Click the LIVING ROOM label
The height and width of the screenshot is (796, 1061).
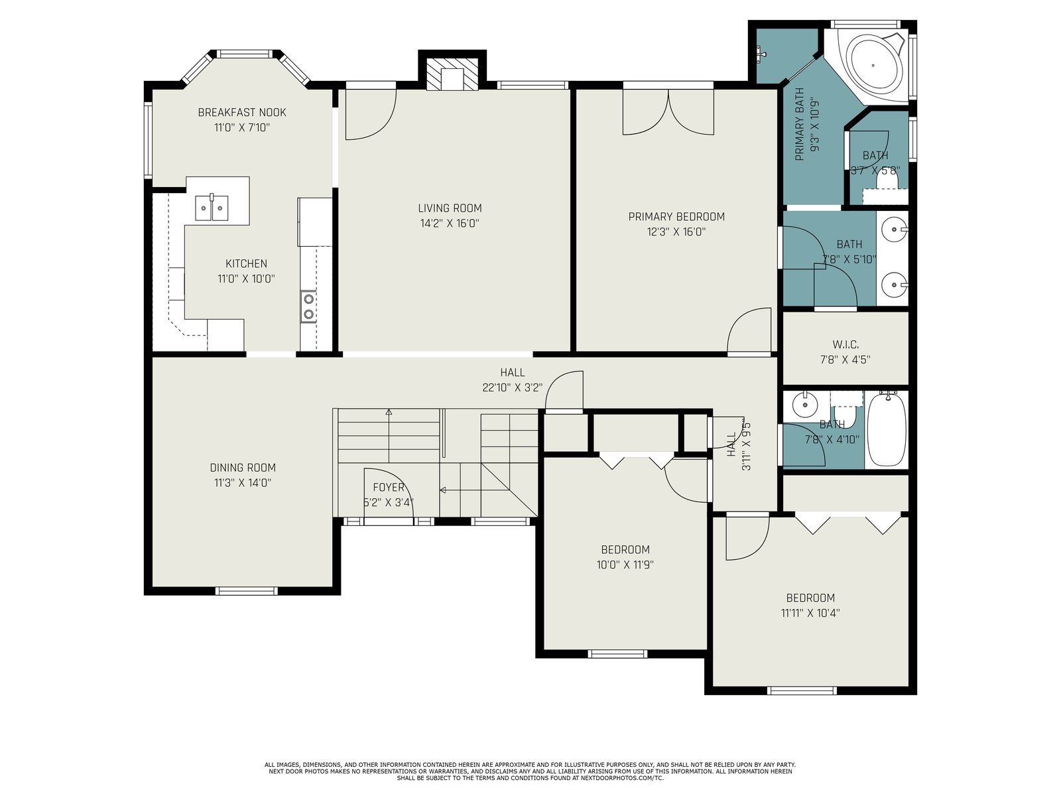click(450, 208)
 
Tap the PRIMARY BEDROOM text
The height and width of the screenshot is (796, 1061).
click(676, 216)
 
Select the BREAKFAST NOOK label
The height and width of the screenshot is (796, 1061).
click(242, 113)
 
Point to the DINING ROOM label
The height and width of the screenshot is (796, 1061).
click(243, 468)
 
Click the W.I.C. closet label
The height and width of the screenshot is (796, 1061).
click(845, 344)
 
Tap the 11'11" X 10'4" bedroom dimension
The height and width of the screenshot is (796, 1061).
click(810, 613)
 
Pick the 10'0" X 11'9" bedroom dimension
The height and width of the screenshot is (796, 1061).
click(625, 564)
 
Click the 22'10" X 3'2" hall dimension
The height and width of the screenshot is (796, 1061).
click(513, 387)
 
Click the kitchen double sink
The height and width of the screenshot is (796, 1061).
click(212, 208)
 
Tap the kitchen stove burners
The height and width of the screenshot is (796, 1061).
click(308, 306)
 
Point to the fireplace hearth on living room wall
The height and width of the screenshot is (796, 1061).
click(452, 74)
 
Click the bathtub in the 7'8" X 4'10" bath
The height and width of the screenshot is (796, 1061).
click(887, 430)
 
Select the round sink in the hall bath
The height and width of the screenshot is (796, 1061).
click(804, 406)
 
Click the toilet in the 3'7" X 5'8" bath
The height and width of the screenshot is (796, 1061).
click(887, 180)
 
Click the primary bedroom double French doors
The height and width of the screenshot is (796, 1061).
click(668, 111)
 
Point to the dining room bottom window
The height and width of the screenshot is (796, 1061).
click(247, 590)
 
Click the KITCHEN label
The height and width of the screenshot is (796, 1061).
click(246, 263)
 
